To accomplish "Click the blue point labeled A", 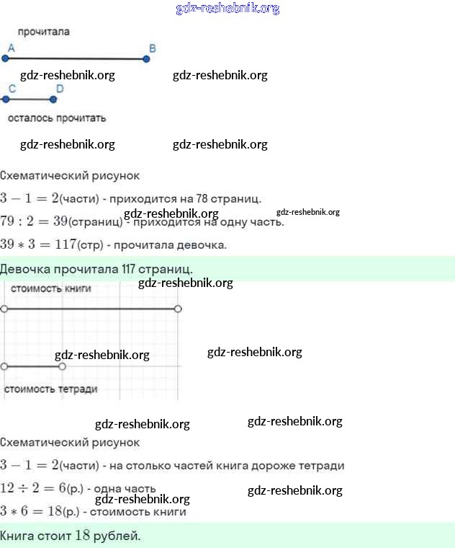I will pyautogui.click(x=6, y=58).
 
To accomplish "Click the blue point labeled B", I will pyautogui.click(x=146, y=58).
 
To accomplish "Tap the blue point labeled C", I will pyautogui.click(x=5, y=100).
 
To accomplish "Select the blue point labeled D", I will pyautogui.click(x=53, y=100).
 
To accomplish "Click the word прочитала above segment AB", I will pyautogui.click(x=44, y=32).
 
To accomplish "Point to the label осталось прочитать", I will pyautogui.click(x=57, y=118).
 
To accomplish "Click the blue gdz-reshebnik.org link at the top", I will pyautogui.click(x=227, y=9).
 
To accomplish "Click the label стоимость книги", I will pyautogui.click(x=51, y=288).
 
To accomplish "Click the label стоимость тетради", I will pyautogui.click(x=51, y=389).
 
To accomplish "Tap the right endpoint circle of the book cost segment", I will pyautogui.click(x=178, y=309).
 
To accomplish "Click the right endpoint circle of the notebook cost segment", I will pyautogui.click(x=62, y=366).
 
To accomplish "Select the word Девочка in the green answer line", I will pyautogui.click(x=24, y=269).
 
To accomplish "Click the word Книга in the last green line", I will pyautogui.click(x=17, y=536).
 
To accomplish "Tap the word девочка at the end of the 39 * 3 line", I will pyautogui.click(x=206, y=244).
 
